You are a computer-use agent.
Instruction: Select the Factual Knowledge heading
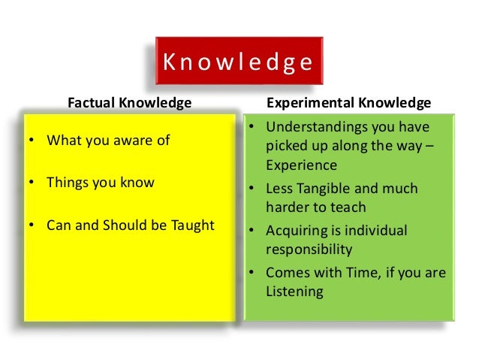130,101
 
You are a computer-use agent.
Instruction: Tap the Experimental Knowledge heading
349,101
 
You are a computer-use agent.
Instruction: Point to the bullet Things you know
101,182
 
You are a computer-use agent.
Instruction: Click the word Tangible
336,188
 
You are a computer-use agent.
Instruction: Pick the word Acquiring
298,230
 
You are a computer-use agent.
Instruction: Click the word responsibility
309,249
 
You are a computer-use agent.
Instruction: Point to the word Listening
294,291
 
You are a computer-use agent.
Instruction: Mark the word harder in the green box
288,207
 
